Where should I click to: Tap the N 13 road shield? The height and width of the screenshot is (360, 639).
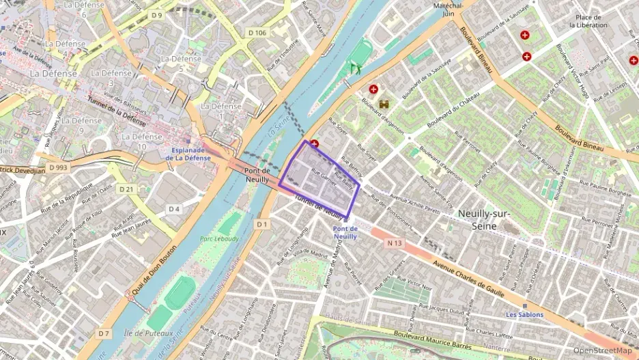[394, 243]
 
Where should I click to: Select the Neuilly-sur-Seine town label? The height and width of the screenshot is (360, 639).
[485, 219]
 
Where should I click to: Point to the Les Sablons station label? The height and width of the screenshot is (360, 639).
[524, 314]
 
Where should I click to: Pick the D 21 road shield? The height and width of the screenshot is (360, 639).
[126, 189]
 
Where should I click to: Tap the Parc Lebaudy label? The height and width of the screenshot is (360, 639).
[220, 239]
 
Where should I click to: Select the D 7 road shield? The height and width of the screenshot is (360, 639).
[103, 333]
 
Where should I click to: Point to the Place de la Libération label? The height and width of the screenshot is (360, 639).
[588, 21]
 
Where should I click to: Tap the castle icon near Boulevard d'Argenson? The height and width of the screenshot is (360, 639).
[384, 104]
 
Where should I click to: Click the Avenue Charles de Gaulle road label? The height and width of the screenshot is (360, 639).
[464, 275]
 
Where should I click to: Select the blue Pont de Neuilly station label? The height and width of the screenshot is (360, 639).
[345, 232]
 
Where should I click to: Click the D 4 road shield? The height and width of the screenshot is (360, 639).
[174, 208]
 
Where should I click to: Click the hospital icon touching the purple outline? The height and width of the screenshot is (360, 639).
[314, 144]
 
